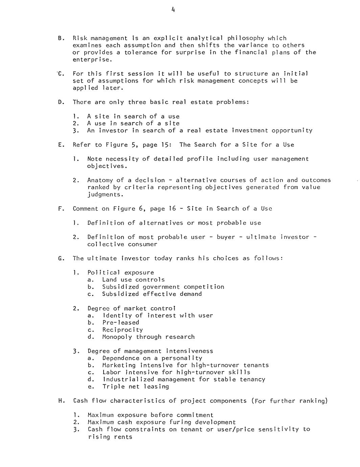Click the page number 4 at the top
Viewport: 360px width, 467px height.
173,10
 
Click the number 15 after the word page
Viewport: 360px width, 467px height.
164,145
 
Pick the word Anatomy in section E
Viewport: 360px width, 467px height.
100,180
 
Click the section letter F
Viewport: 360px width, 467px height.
61,209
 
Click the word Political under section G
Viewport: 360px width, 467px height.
104,272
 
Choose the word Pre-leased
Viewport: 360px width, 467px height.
120,323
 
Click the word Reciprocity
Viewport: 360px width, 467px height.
122,330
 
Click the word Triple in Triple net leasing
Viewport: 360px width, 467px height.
113,386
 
